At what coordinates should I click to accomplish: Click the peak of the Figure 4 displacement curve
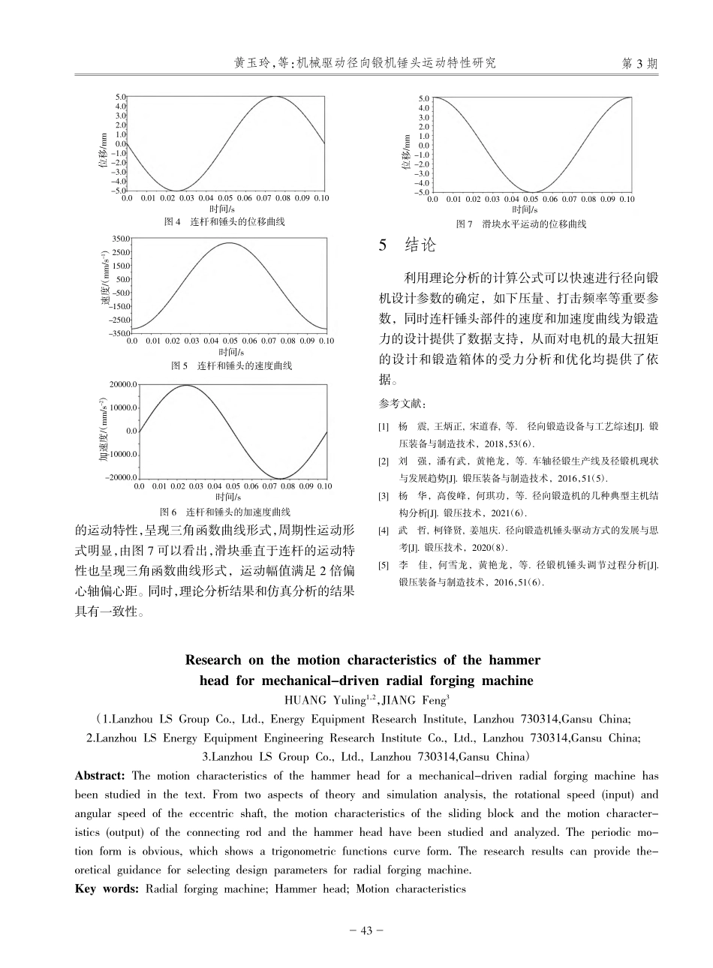coord(277,97)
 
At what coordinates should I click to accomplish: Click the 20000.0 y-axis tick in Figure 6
coord(122,384)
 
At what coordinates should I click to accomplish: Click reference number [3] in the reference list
coord(383,496)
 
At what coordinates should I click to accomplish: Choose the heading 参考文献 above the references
coord(402,404)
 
